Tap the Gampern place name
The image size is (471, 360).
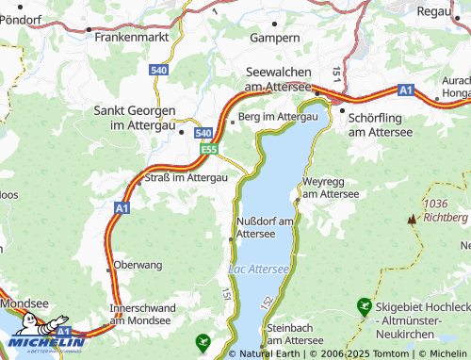click(275, 38)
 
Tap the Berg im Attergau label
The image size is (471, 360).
click(278, 116)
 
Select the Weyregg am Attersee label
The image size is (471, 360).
click(331, 187)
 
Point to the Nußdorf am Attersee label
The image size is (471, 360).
click(267, 226)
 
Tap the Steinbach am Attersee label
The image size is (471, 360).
click(296, 334)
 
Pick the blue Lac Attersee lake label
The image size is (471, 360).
click(258, 270)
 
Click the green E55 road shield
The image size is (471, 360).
click(209, 149)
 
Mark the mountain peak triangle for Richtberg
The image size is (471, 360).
click(411, 220)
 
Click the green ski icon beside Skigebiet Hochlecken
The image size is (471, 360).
click(364, 306)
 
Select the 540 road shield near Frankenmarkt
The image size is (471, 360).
click(159, 69)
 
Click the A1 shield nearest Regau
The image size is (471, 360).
click(405, 90)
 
